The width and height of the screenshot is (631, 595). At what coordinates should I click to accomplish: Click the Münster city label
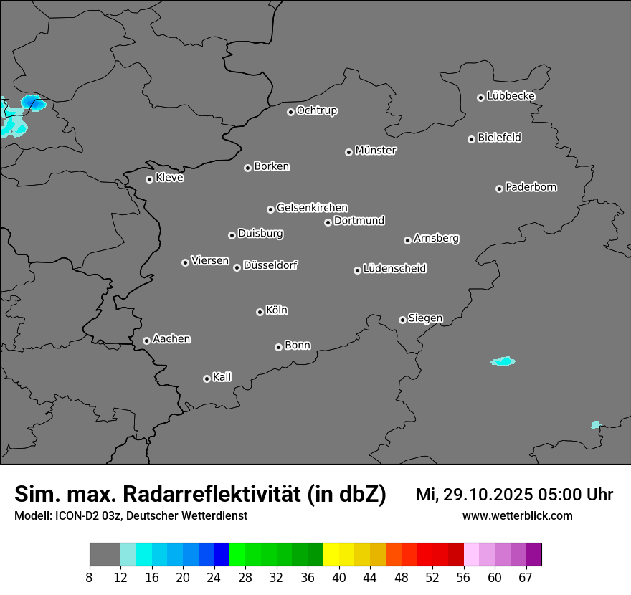[x=376, y=151]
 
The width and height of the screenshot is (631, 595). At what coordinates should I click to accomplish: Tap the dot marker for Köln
[x=260, y=312]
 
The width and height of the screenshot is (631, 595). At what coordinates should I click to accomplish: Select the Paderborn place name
[x=531, y=187]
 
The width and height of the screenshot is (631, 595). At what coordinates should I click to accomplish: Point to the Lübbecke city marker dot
[x=480, y=97]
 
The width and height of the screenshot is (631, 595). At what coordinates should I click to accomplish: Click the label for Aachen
[x=171, y=339]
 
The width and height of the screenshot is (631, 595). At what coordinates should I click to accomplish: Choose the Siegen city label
[x=425, y=318]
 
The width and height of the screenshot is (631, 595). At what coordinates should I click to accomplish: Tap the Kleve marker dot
[x=149, y=179]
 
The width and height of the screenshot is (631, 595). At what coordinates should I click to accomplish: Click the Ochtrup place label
[x=317, y=110]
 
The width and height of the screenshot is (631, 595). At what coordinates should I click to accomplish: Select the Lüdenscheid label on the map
[x=394, y=269]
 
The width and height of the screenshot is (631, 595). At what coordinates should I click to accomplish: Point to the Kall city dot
[x=207, y=379]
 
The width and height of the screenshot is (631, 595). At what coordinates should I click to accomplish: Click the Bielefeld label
[x=499, y=138]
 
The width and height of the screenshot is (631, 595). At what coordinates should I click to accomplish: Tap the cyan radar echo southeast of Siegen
[x=503, y=361]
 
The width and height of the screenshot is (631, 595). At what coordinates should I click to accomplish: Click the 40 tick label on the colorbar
[x=339, y=577]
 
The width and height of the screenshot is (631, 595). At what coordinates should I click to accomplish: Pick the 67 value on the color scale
[x=526, y=577]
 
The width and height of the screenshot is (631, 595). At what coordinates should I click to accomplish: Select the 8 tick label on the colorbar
[x=90, y=577]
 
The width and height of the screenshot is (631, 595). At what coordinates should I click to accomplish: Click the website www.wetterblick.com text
[x=517, y=515]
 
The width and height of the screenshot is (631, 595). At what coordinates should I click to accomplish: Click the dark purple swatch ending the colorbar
[x=533, y=555]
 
